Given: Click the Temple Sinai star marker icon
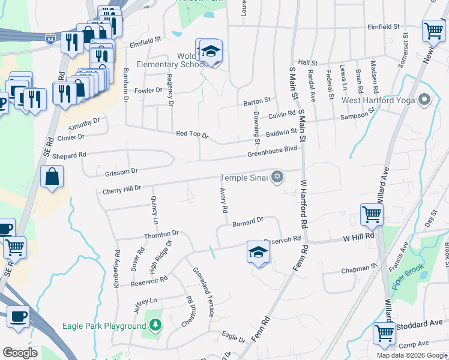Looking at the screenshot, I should pos(277,176).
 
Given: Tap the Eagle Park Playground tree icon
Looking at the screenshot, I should pos(155,325).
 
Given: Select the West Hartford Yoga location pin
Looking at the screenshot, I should pos(426,100).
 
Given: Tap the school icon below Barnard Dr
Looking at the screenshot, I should pos(258,251).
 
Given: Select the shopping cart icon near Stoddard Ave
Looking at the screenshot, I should pos(384,333).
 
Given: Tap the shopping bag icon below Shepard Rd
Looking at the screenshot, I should pos(52,176).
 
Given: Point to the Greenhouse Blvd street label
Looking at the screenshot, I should pos(273,152).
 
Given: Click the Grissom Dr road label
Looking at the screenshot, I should pos(121,172).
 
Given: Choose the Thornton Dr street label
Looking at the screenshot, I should pos(161,234).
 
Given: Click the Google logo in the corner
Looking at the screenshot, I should pos(20,353).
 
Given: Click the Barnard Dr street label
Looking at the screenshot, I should pos(248,221).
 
